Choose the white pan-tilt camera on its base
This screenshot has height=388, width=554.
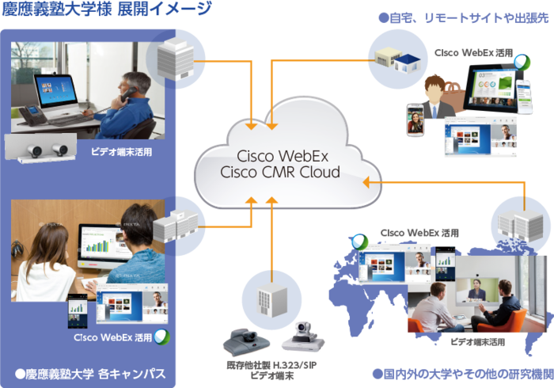[x=305, y=336]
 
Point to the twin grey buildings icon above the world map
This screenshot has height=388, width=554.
[x=515, y=213]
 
